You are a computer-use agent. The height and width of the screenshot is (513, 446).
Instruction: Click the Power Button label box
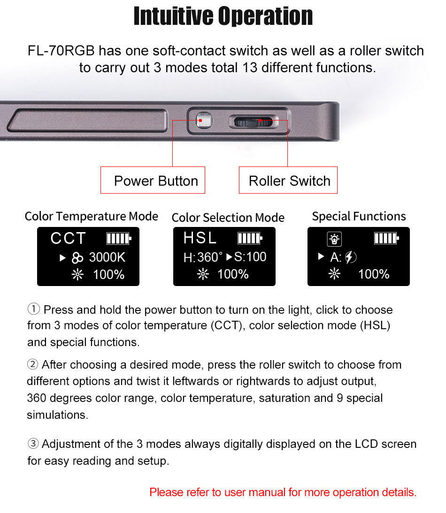click(153, 180)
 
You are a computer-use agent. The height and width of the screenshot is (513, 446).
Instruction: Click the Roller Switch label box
click(288, 180)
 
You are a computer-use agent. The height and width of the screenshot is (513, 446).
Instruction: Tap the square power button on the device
click(204, 121)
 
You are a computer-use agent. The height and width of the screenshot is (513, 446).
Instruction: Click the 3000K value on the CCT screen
click(108, 257)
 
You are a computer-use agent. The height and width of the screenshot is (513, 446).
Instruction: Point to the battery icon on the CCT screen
click(119, 239)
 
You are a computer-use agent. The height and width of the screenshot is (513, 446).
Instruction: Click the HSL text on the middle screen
click(200, 238)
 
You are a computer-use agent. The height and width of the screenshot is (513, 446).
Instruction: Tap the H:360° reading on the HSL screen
click(203, 257)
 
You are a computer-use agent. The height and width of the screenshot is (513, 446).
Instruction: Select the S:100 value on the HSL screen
click(250, 257)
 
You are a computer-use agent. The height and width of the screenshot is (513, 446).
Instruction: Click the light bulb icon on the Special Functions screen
click(334, 239)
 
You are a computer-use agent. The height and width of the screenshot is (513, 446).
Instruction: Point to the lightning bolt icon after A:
click(351, 257)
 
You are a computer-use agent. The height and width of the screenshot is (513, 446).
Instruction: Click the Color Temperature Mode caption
click(92, 216)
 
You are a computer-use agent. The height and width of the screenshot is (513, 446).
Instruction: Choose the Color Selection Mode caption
click(228, 218)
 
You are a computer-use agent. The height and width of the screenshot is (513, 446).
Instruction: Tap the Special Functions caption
click(359, 216)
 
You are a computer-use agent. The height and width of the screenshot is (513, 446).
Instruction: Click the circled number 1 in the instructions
click(33, 309)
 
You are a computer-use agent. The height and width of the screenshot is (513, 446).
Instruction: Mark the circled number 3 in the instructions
click(33, 444)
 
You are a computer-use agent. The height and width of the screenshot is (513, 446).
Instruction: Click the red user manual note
click(283, 492)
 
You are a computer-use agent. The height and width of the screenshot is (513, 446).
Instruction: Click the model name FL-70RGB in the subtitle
click(61, 51)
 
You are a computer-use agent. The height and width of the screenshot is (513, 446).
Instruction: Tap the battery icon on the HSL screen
click(250, 238)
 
